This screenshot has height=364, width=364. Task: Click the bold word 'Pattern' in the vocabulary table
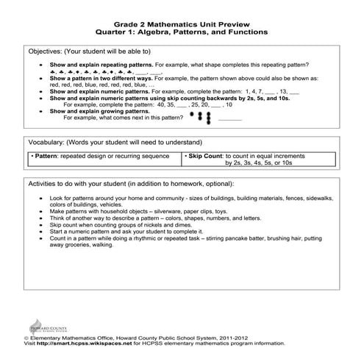47,157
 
